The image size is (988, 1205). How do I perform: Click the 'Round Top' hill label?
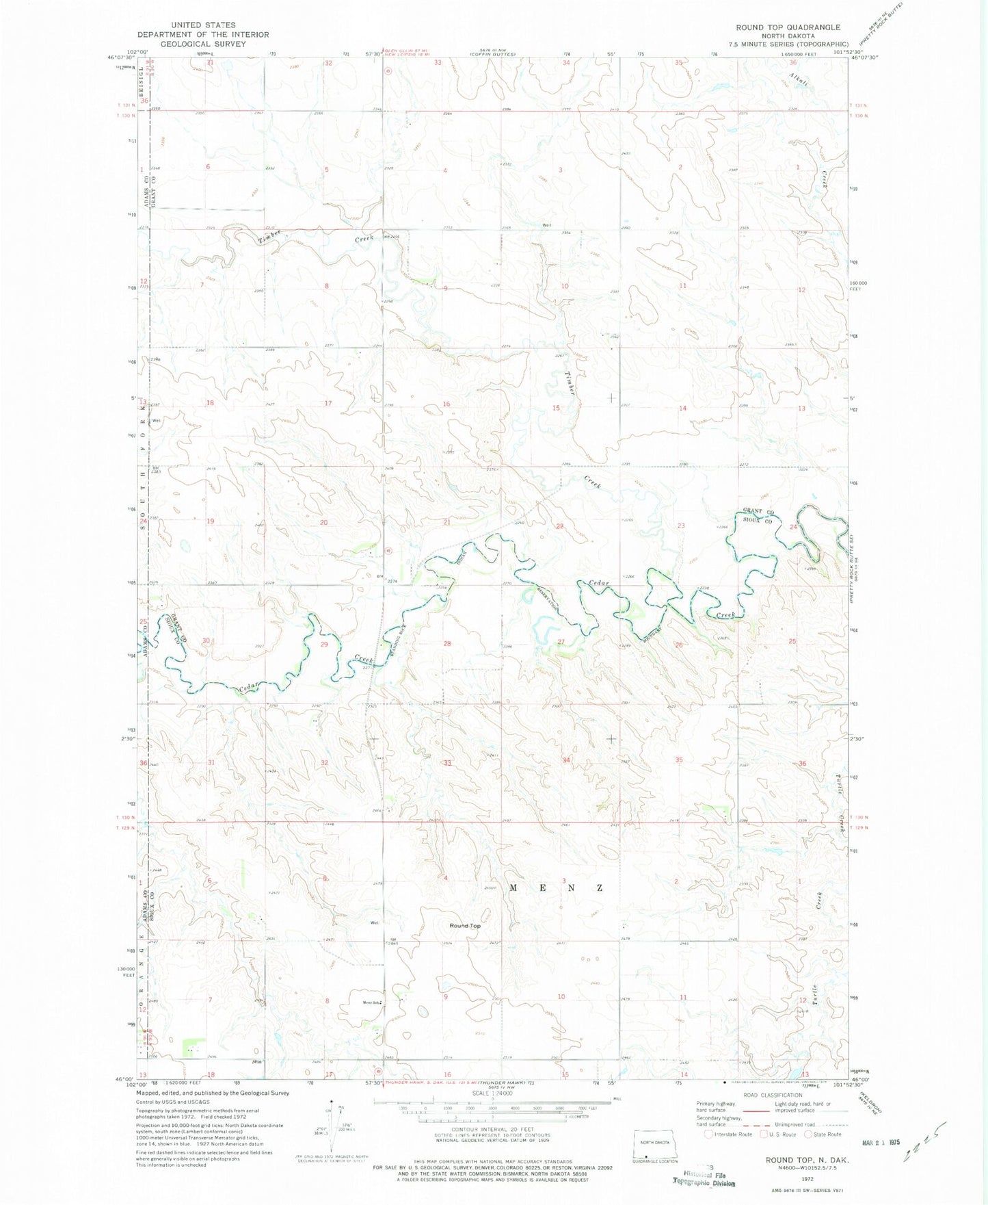465,926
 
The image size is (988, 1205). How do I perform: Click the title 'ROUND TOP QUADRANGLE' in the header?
788,27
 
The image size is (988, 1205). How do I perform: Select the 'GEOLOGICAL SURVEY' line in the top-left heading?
203,43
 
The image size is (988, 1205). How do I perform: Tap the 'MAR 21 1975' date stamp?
881,1143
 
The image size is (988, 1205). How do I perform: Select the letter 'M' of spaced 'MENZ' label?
513,887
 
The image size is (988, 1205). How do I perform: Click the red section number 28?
447,643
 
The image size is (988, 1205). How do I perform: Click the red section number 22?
560,526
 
